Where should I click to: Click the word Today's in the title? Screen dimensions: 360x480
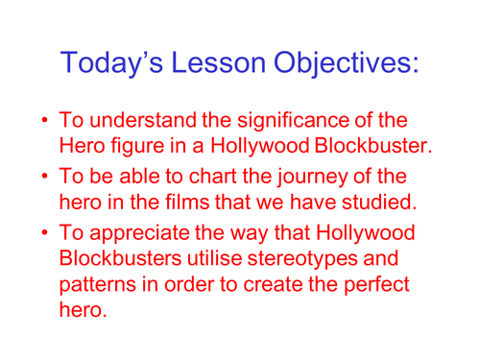tap(114, 62)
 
